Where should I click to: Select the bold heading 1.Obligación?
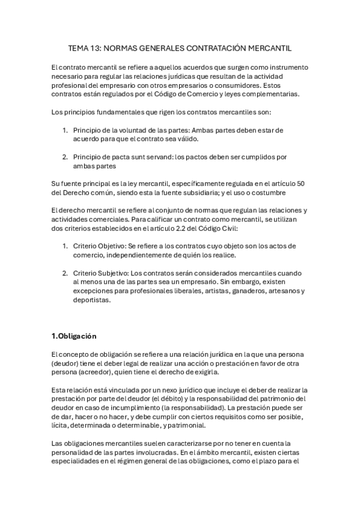tap(75, 336)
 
